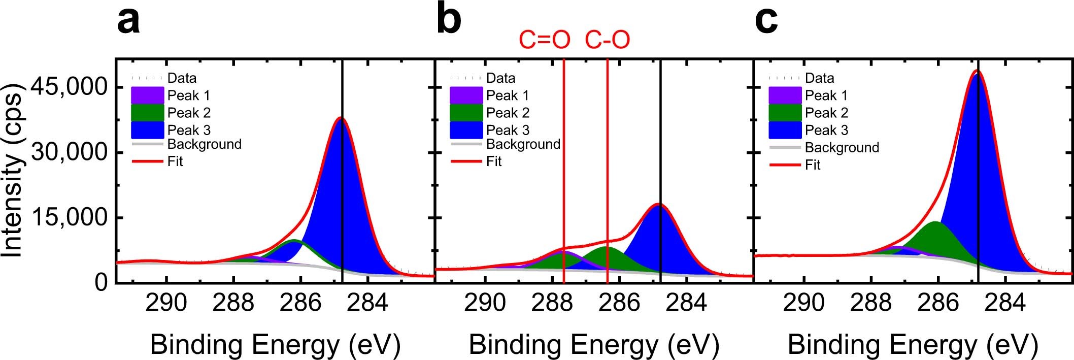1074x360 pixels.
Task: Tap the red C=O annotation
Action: pos(544,40)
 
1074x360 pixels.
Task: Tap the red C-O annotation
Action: pos(608,40)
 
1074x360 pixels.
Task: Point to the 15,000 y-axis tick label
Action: pos(70,217)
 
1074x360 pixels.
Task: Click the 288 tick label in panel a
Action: pos(233,303)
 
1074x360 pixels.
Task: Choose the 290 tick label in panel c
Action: pos(803,303)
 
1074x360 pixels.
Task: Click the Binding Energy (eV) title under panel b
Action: pos(594,345)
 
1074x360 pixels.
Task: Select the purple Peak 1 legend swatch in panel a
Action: pos(147,95)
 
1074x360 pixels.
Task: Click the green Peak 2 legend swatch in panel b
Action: pos(466,113)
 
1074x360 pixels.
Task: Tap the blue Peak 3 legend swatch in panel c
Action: pos(785,130)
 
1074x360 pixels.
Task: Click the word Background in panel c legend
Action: pos(842,148)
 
